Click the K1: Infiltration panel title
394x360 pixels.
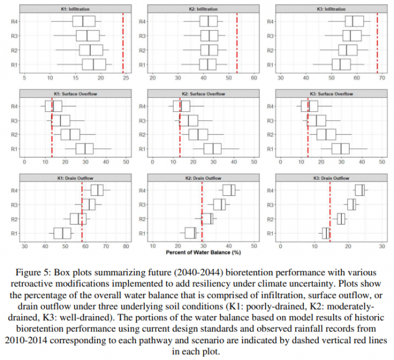[76, 10]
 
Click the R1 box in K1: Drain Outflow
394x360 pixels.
[62, 233]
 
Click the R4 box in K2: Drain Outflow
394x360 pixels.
[229, 190]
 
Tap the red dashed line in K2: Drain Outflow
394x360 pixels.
[202, 211]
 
